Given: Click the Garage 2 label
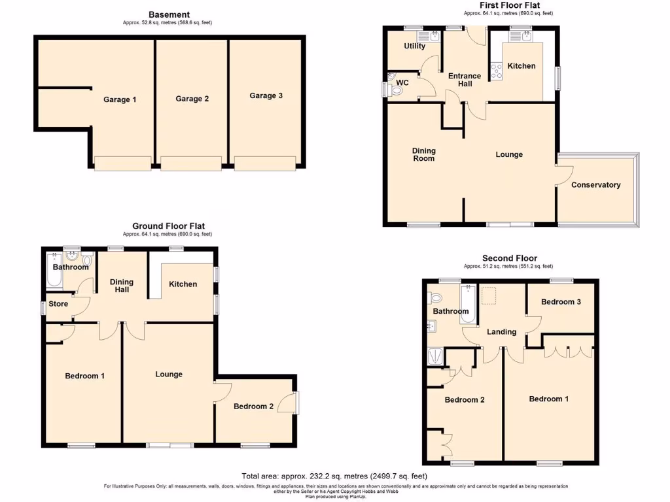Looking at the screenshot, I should tap(192, 99).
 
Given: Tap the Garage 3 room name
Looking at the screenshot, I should tap(266, 95).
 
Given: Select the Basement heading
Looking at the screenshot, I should tap(169, 14).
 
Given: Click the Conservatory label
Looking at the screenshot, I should tap(595, 185).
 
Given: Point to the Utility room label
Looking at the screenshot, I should tap(414, 46).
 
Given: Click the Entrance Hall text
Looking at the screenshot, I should tap(465, 80).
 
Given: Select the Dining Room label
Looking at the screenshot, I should tap(423, 154).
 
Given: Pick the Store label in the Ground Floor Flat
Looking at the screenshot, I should tap(58, 304).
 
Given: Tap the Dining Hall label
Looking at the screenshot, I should tap(121, 286).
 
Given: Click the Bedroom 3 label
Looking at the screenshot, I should tap(561, 302).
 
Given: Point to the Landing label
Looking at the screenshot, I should tap(501, 331).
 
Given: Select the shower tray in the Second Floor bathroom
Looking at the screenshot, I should tap(434, 357).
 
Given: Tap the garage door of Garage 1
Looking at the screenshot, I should tap(122, 163).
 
